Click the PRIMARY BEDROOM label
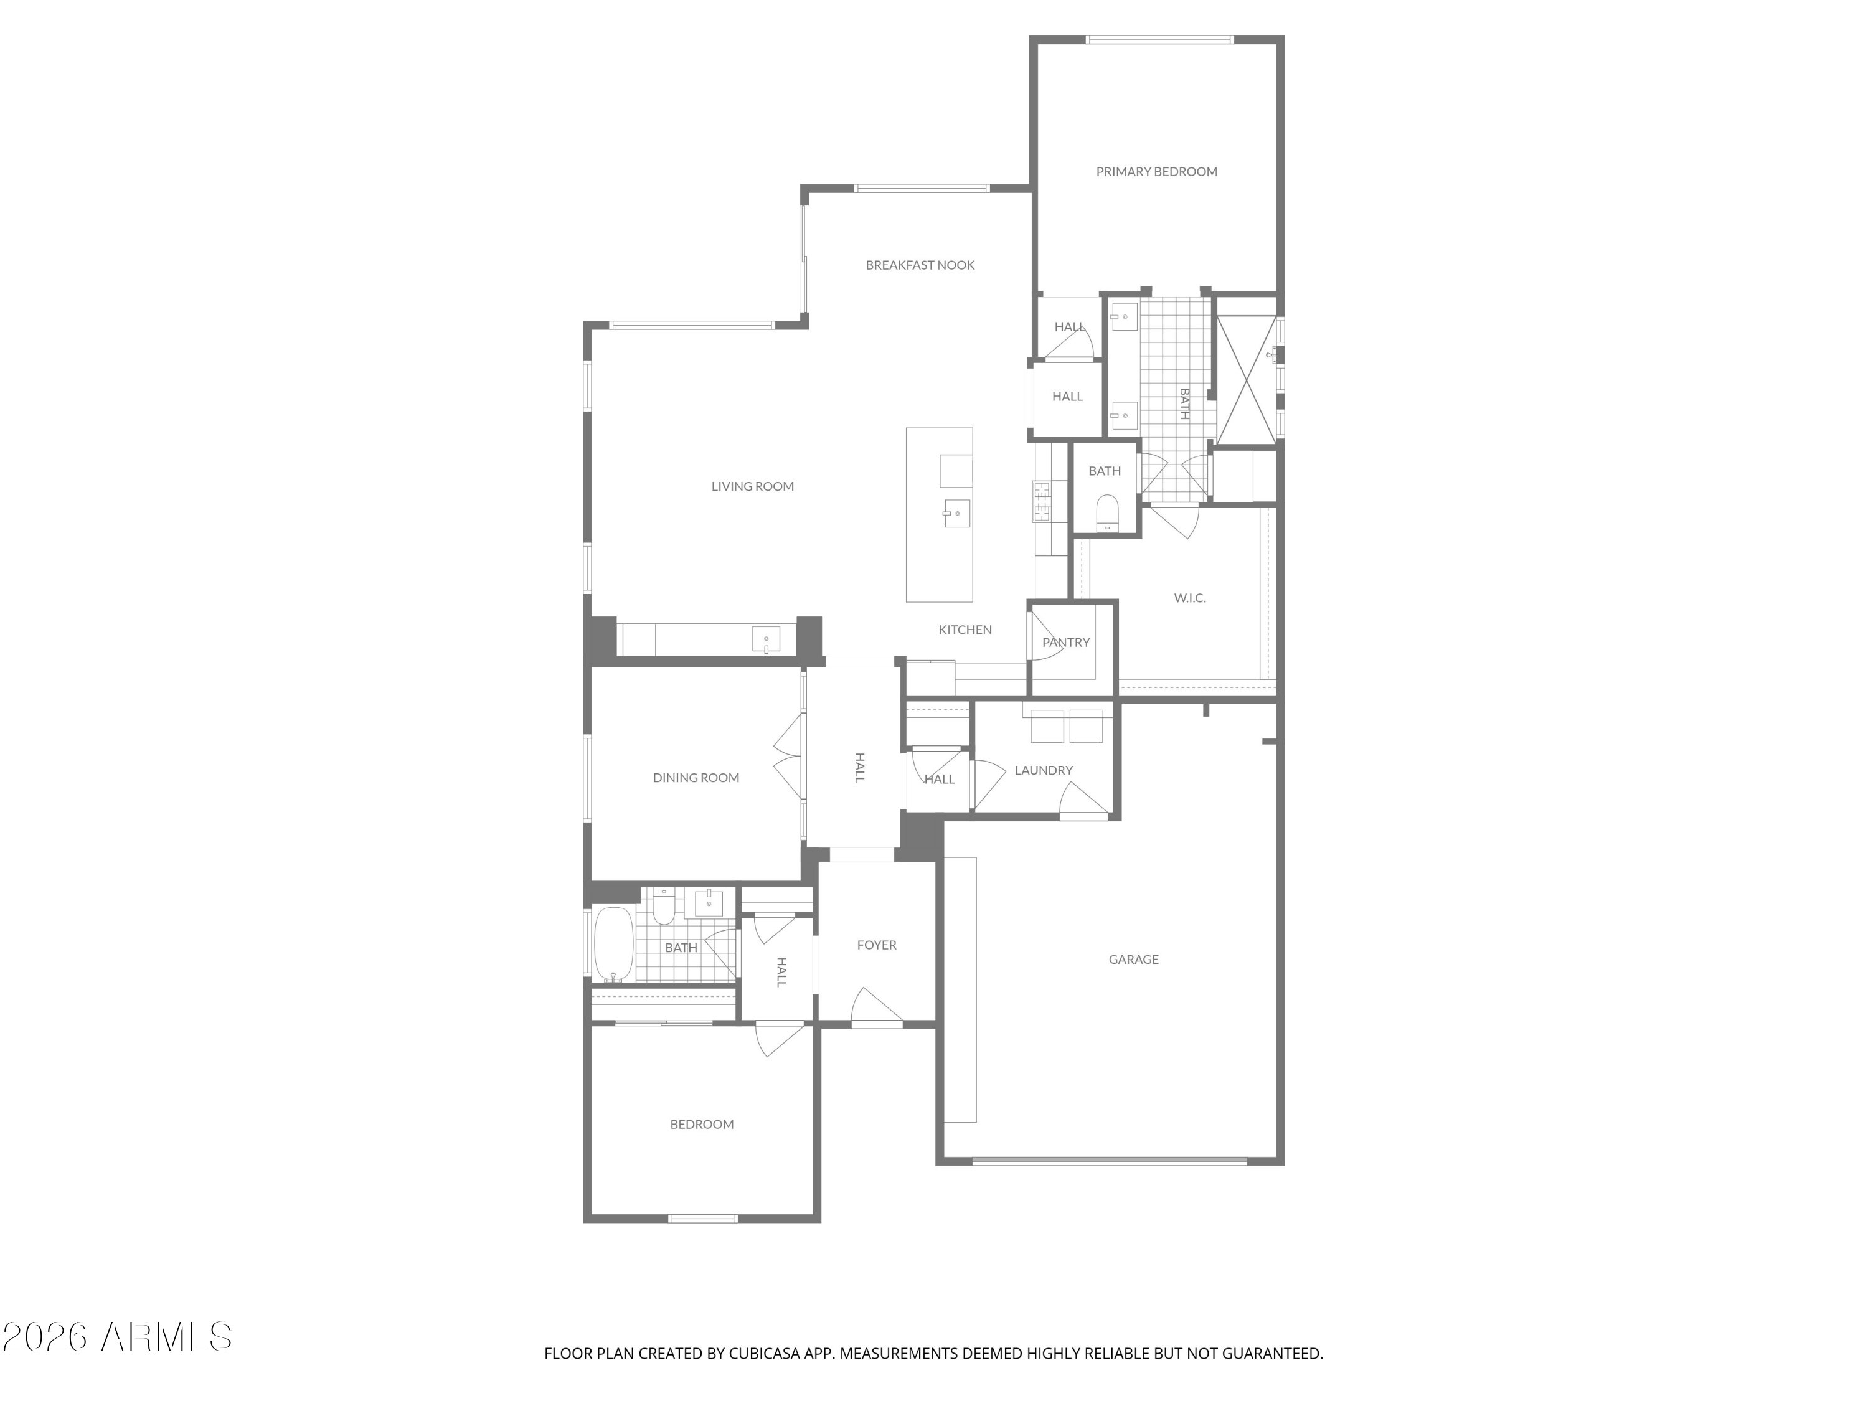[1156, 171]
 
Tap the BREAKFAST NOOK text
[920, 265]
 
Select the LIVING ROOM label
[752, 486]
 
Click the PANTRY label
[1066, 643]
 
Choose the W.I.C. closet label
[1190, 598]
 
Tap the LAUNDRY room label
[1044, 770]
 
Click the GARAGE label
[1133, 960]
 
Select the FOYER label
[877, 945]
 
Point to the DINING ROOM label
[696, 778]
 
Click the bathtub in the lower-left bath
[614, 944]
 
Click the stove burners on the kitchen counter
[1041, 501]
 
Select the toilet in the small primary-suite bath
[1107, 512]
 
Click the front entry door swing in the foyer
[877, 1007]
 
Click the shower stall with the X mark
[1247, 379]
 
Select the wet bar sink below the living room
[767, 640]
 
